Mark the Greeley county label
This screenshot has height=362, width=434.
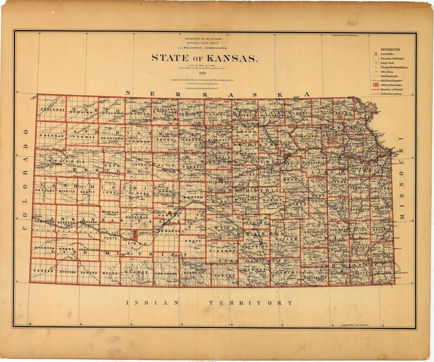tap(47, 190)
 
